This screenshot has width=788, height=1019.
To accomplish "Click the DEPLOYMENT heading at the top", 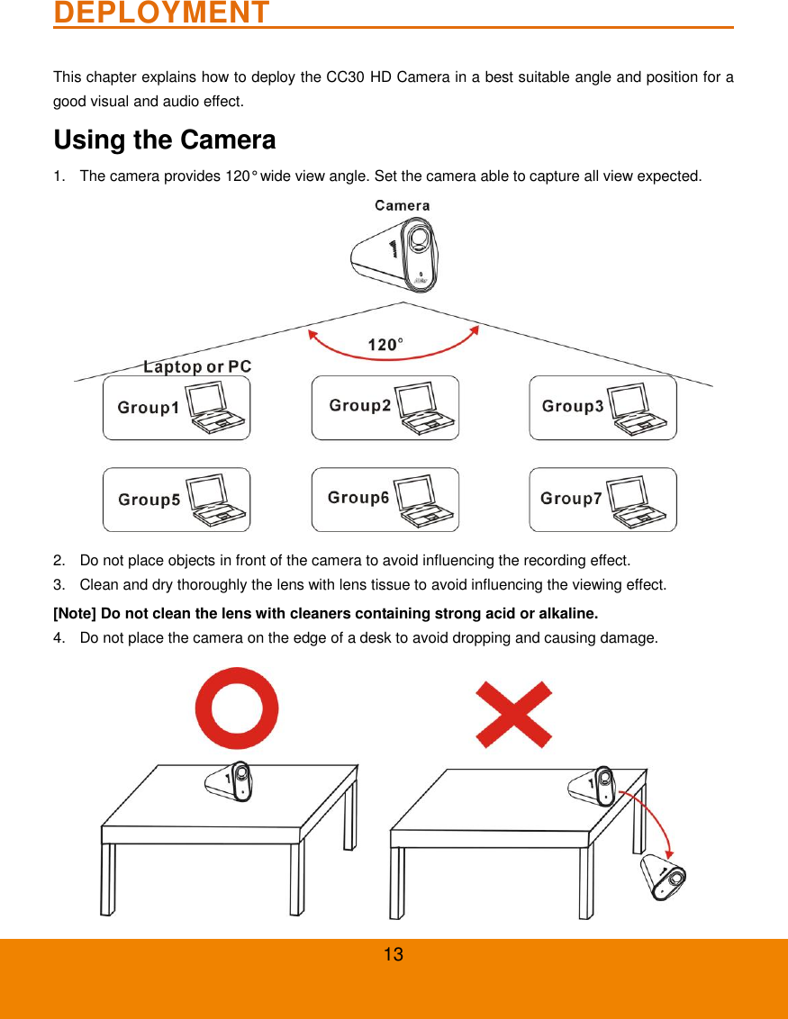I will (x=161, y=14).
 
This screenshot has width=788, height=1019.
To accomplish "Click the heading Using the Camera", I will (x=165, y=140).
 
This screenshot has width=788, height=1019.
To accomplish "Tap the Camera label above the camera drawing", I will (x=402, y=205).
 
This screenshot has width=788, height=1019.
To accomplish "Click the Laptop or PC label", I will (x=197, y=366).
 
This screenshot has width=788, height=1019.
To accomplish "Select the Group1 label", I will (x=148, y=408).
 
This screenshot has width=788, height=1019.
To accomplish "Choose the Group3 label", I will (x=573, y=406).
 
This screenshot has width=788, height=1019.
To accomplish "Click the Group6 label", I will (x=358, y=497).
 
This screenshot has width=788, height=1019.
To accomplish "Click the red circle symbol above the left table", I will (x=237, y=708).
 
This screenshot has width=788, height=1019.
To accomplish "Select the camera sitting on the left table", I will (x=231, y=781).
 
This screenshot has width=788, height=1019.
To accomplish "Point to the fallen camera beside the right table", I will (x=662, y=877).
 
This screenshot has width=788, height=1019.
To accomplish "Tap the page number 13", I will (x=394, y=955).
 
